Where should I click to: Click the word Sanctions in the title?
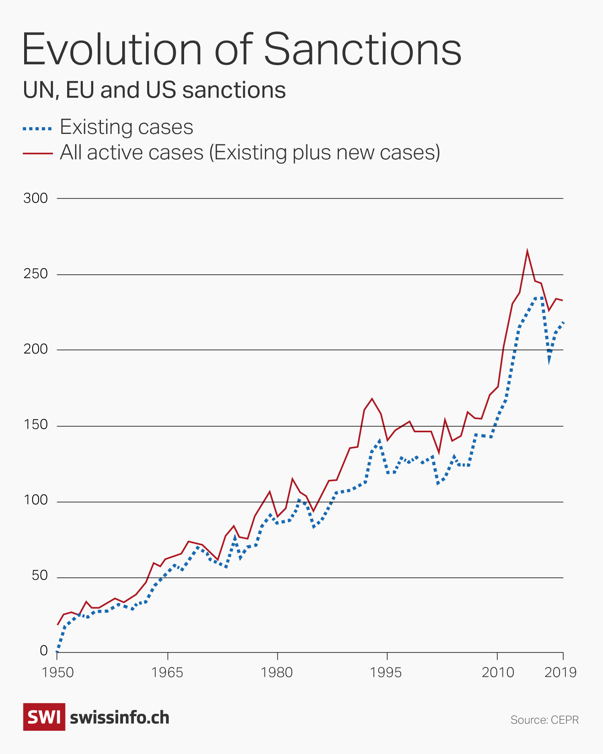click(363, 49)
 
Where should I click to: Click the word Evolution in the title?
click(112, 49)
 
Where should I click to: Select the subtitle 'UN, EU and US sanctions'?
click(154, 90)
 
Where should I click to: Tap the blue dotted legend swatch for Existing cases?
click(37, 129)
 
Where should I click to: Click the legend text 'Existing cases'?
click(127, 127)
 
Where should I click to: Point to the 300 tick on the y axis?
click(35, 198)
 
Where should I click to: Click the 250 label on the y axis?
click(35, 274)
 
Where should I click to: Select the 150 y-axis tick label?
click(35, 425)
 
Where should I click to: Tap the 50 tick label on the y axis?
click(40, 576)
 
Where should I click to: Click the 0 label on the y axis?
click(44, 651)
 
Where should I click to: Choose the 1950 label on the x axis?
click(57, 672)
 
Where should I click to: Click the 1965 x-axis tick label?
click(167, 672)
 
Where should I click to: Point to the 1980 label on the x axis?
click(277, 672)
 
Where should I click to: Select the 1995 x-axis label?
click(386, 672)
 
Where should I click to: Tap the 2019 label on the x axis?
click(560, 672)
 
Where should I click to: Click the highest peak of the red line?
click(527, 251)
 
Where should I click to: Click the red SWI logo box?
click(44, 717)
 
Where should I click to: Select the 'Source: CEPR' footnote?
click(544, 720)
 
